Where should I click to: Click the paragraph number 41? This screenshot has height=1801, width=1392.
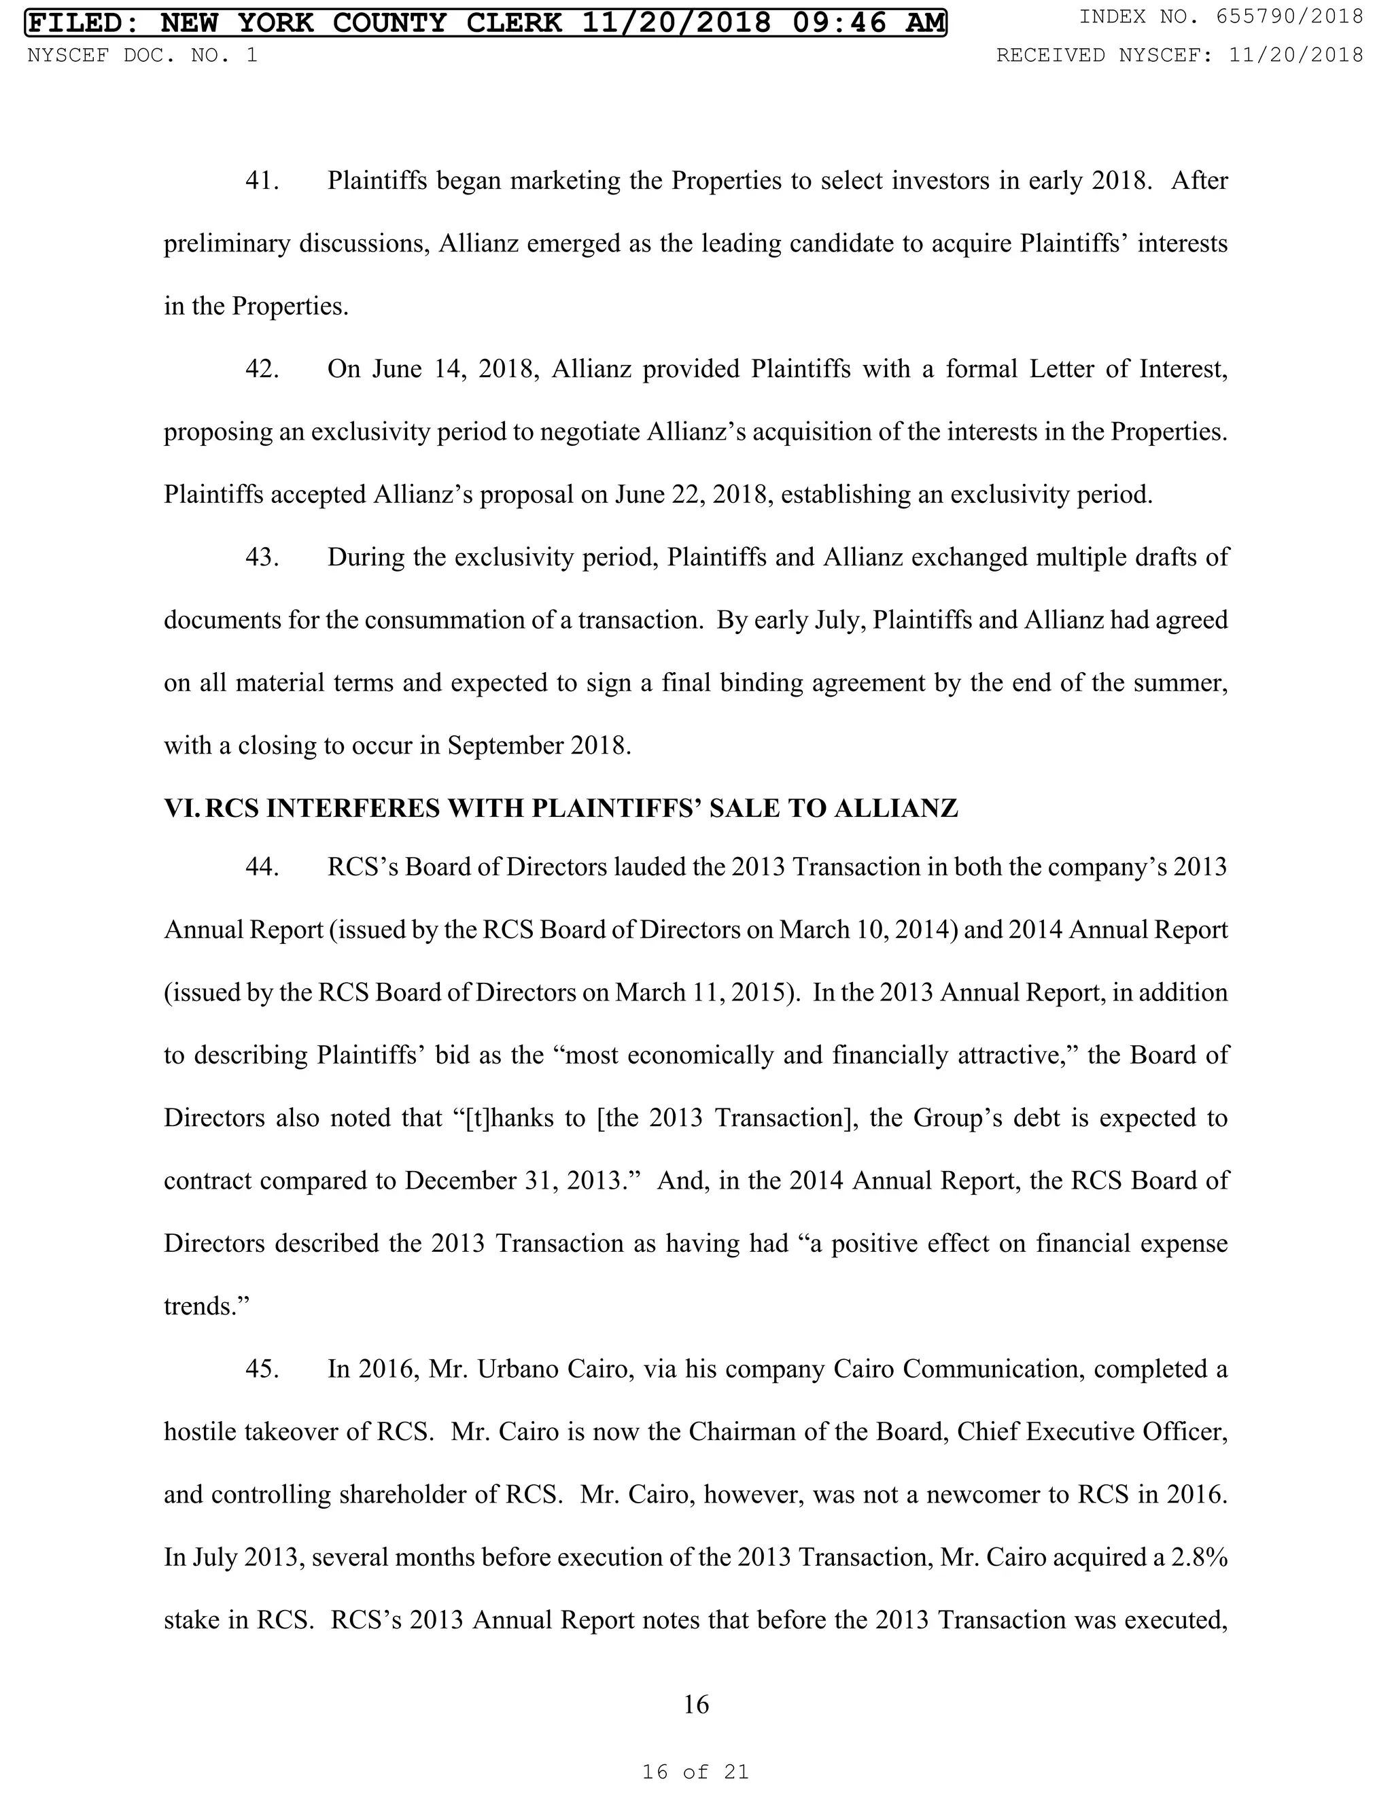(x=262, y=181)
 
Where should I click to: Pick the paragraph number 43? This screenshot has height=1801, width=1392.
(x=262, y=557)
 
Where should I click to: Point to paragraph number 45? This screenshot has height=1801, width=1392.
(x=262, y=1369)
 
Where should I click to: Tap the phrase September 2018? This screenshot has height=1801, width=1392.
(x=539, y=746)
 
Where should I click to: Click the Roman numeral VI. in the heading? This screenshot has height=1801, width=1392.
(x=182, y=808)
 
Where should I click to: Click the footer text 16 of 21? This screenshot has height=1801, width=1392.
(x=695, y=1771)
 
